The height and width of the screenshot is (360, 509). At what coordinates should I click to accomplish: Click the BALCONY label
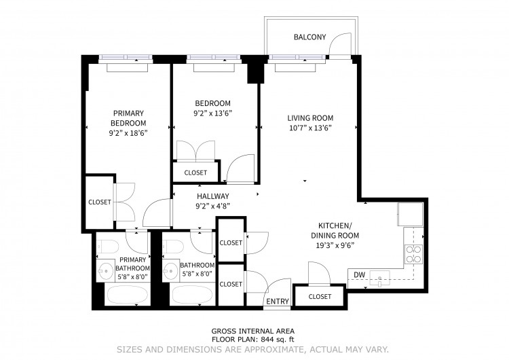[309, 37]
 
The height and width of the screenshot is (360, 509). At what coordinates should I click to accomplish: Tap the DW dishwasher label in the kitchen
[359, 275]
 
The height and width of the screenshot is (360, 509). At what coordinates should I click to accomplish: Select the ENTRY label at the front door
[278, 302]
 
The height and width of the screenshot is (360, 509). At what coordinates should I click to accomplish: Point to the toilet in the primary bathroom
[108, 247]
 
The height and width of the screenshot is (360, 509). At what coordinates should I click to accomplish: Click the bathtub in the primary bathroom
[128, 295]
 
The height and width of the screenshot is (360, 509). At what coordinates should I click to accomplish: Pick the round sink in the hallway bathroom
[170, 270]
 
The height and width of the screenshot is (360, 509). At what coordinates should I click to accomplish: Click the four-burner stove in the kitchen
[413, 255]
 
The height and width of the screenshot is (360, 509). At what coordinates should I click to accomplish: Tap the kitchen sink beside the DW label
[379, 278]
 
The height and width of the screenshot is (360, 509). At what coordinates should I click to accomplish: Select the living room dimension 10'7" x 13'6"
[310, 128]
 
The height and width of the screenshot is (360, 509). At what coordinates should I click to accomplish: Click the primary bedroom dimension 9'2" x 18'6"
[128, 133]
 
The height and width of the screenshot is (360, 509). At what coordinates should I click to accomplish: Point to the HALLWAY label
[213, 196]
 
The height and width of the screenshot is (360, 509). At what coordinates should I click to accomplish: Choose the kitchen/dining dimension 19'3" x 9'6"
[335, 245]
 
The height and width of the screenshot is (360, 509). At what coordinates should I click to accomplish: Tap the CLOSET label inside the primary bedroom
[100, 202]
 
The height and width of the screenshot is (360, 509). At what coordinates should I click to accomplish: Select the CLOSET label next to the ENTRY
[320, 297]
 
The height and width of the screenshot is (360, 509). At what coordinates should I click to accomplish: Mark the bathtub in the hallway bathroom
[192, 295]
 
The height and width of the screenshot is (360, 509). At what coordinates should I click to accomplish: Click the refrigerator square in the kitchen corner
[411, 214]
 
